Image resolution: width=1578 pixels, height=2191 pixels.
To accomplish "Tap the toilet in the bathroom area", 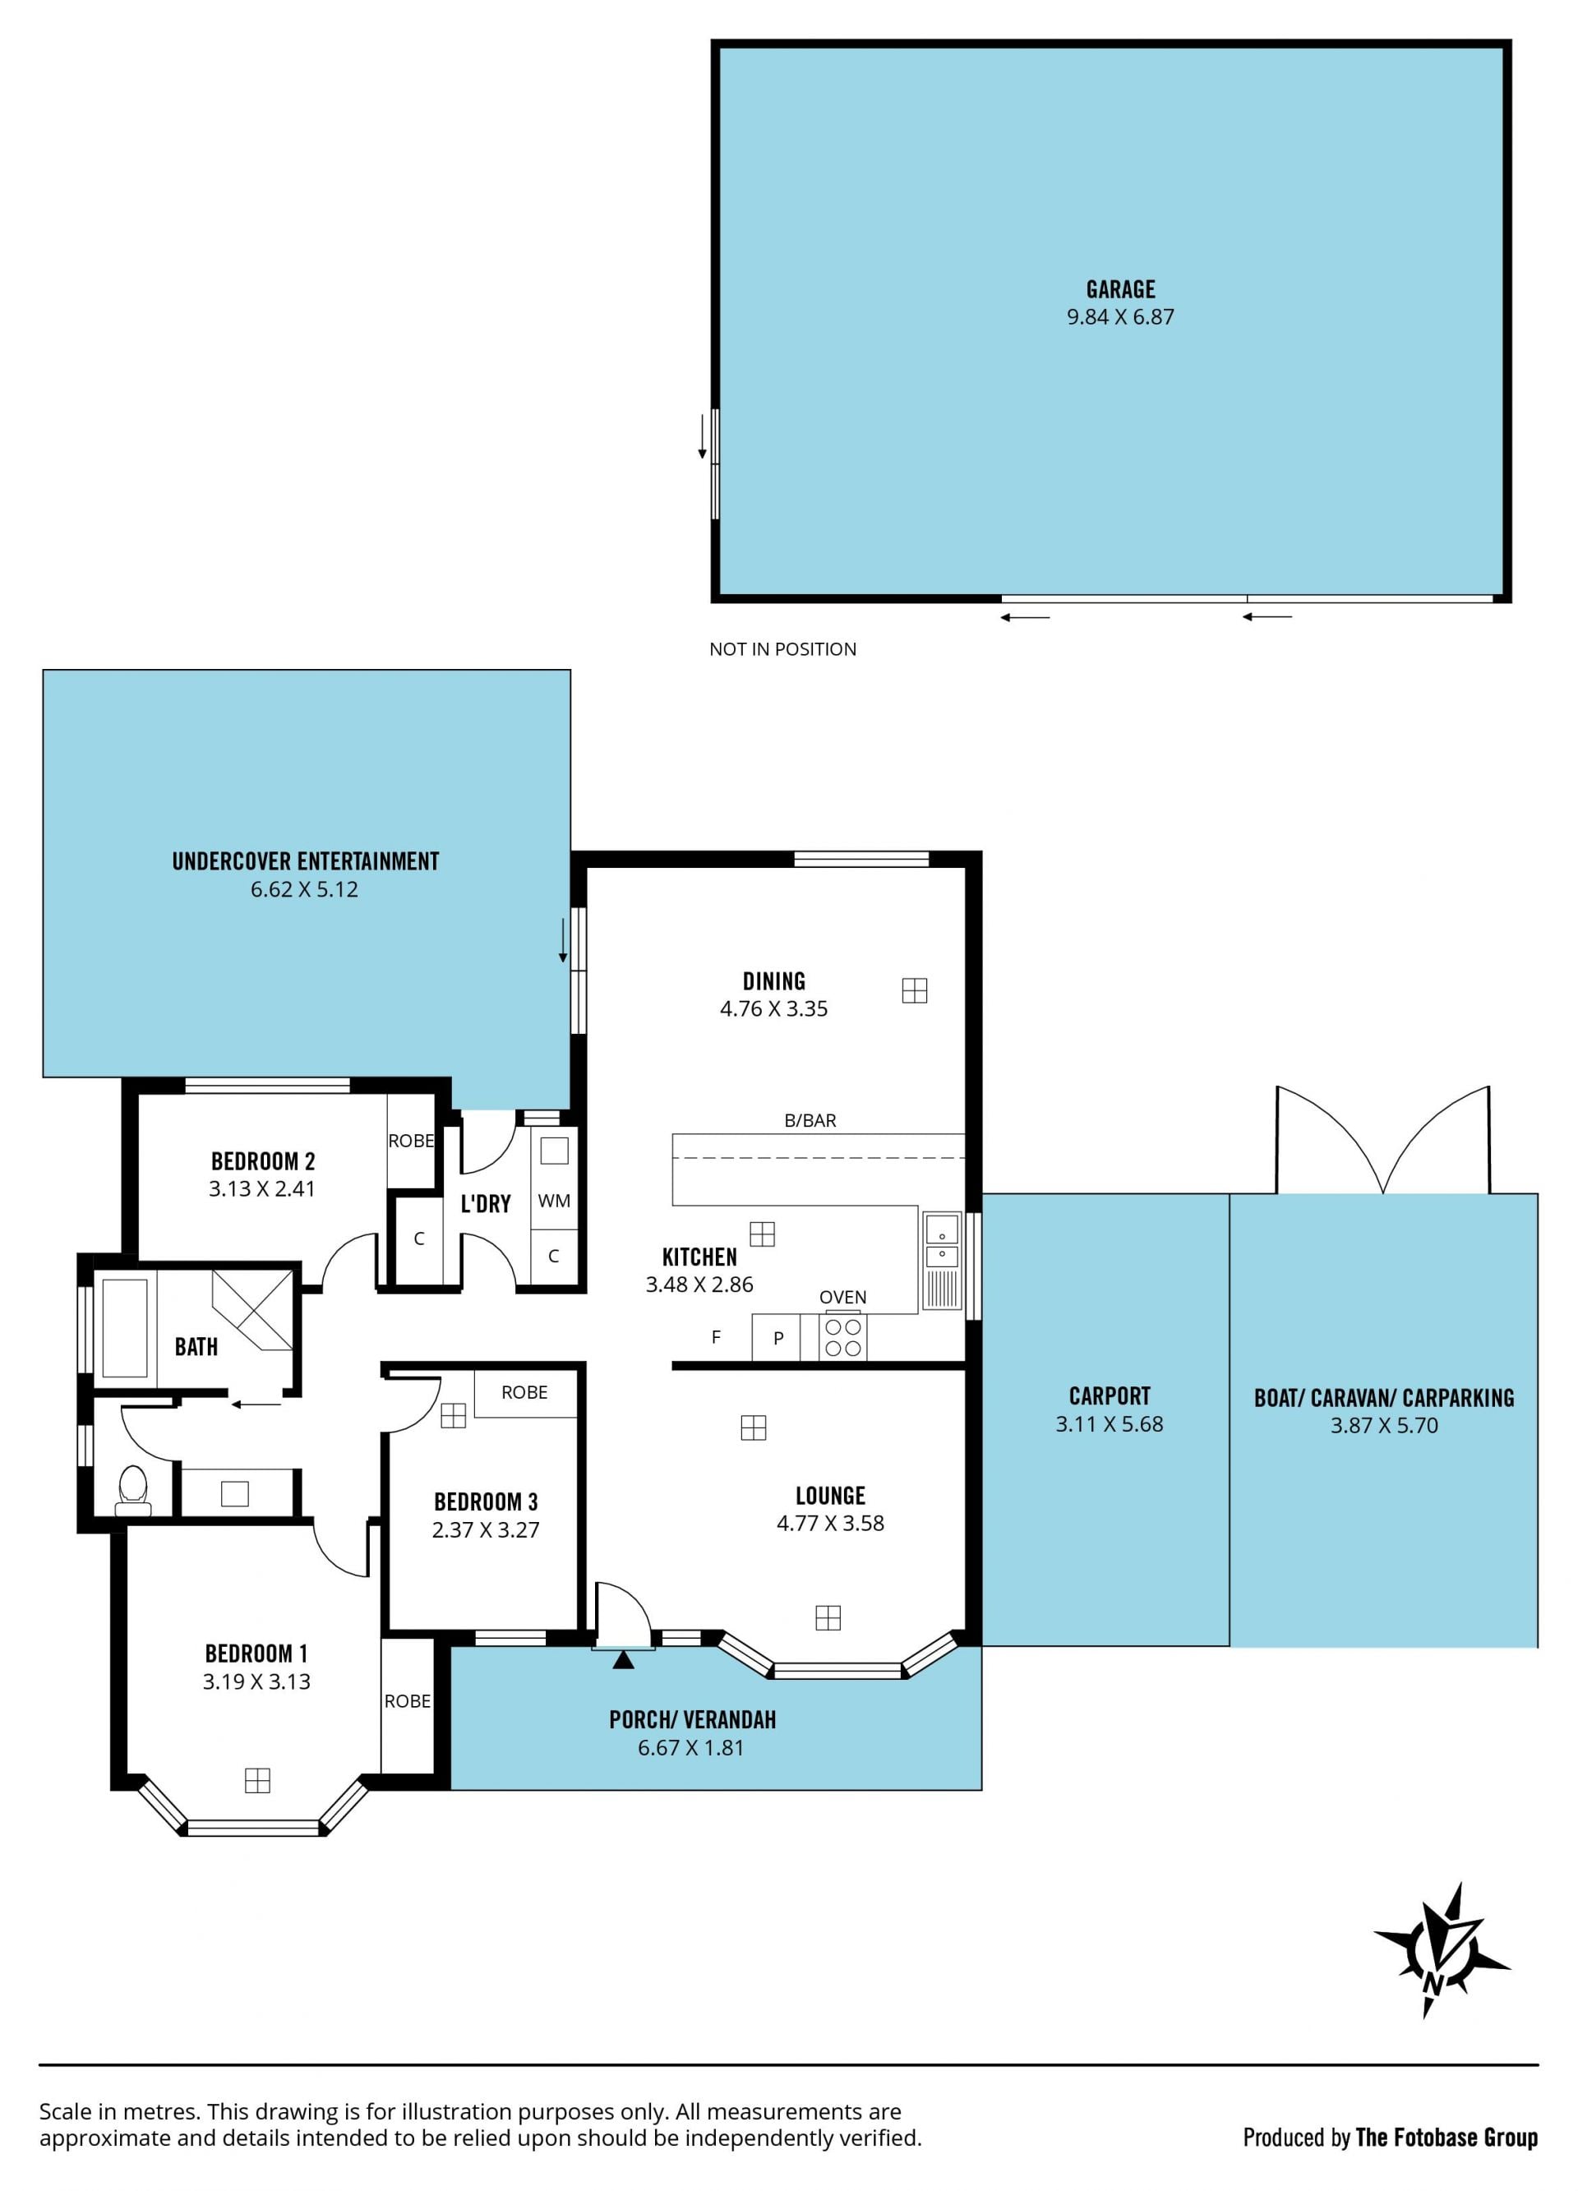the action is pos(132,1492).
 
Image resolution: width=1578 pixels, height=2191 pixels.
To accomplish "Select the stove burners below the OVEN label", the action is pos(842,1338).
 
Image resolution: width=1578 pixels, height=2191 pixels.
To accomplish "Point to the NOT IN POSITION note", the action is pos(782,649).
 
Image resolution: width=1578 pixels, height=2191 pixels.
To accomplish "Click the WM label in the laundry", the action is pos(554,1201).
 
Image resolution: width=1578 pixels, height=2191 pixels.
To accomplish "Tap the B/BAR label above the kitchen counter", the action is pos(810,1121).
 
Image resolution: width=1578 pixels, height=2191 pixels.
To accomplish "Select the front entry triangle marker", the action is pos(623,1659).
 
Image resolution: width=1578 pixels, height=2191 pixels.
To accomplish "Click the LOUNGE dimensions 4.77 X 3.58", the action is pos(830,1524).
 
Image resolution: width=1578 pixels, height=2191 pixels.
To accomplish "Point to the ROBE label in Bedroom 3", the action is pos(524,1392).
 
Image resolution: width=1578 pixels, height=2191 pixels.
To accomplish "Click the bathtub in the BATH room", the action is pos(125,1328).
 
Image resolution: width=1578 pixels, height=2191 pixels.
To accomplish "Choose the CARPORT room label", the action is pos(1110,1396).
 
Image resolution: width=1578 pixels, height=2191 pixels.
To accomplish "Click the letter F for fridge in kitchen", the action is pos(716,1337).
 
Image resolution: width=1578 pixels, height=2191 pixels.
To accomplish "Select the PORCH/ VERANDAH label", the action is pos(692,1719).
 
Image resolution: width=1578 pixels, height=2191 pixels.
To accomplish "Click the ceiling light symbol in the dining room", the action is pos(914,990).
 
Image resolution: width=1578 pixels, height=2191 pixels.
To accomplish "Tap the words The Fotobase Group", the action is pos(1446,2137).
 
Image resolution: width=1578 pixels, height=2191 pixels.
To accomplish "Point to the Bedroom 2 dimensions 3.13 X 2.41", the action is pos(262,1189).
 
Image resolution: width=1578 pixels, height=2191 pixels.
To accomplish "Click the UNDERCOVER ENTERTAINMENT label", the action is pos(306,860).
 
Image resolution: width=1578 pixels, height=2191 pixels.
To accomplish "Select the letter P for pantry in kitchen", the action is pos(777,1339).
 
